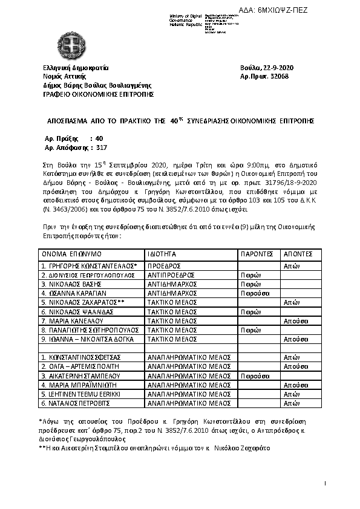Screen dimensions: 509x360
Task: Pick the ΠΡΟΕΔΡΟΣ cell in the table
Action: [165, 265]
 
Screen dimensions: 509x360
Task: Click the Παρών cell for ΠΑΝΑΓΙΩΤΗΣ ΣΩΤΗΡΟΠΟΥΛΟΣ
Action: [250, 331]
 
